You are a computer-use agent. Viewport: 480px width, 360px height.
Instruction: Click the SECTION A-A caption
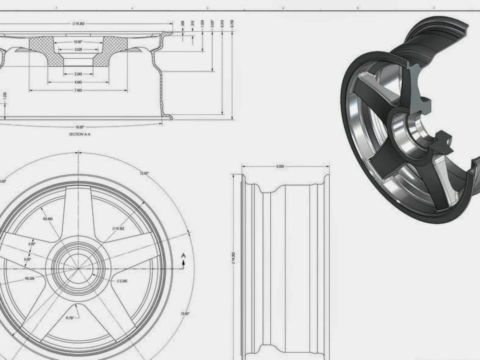click(80, 135)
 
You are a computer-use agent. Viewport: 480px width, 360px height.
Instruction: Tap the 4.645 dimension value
click(78, 82)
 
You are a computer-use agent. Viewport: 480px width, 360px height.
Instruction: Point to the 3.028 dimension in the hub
click(78, 49)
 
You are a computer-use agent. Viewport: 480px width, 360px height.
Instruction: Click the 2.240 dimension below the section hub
click(78, 73)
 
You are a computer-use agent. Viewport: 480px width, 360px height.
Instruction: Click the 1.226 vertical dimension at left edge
click(5, 96)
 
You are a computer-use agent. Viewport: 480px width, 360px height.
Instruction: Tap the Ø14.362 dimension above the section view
click(79, 23)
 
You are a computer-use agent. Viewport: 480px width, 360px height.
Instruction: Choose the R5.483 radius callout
click(48, 219)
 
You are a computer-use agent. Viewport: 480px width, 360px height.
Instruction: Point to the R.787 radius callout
click(70, 317)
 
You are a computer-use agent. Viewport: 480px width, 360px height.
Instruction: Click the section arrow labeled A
click(183, 257)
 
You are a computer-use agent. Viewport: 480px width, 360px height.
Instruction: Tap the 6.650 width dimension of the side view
click(280, 167)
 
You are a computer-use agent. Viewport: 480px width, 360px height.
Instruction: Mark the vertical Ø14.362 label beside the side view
click(234, 257)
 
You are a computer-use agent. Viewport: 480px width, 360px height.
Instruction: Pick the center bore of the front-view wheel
click(77, 264)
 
